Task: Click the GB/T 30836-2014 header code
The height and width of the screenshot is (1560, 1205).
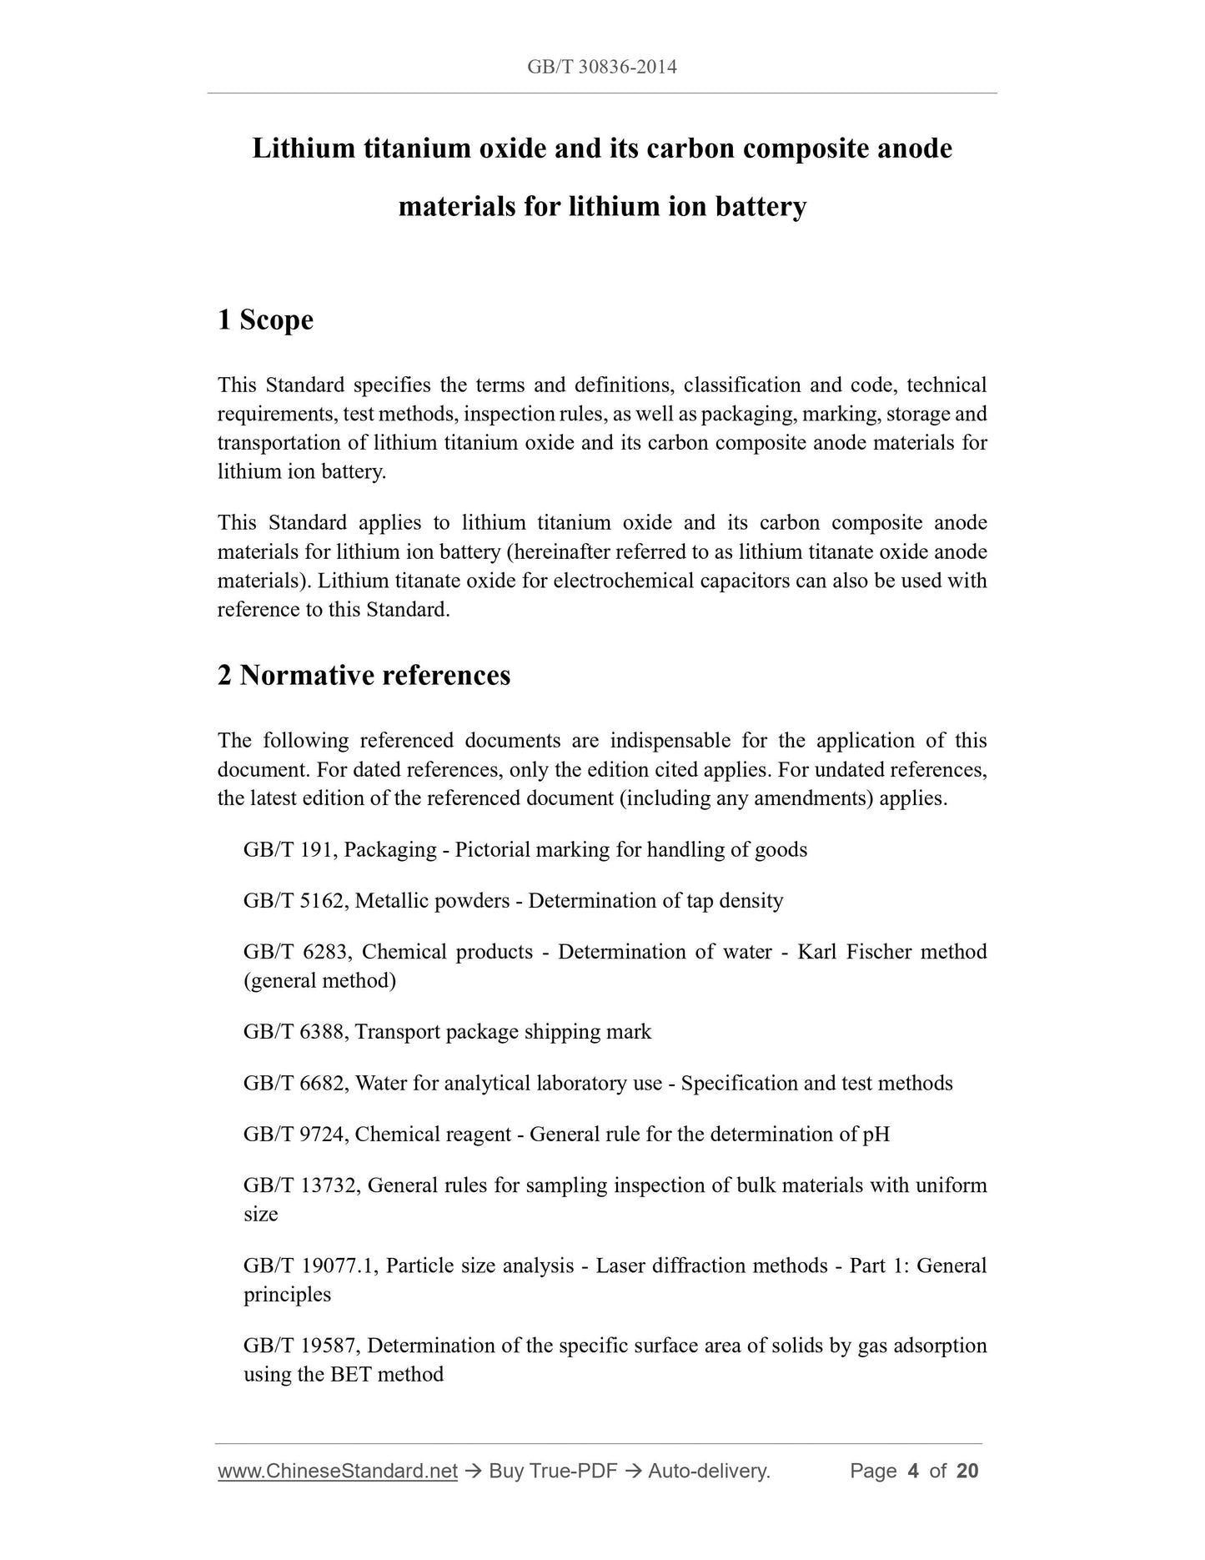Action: click(x=601, y=67)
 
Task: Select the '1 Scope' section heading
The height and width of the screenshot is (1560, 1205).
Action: click(x=265, y=320)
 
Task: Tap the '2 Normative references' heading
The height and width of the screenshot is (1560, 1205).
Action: click(x=364, y=675)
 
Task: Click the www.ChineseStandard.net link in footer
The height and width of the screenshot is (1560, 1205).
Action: click(x=337, y=1471)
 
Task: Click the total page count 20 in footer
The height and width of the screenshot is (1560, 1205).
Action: click(x=967, y=1471)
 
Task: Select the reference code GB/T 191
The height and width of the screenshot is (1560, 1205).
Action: click(x=289, y=850)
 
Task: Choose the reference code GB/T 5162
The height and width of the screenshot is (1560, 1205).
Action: click(x=295, y=901)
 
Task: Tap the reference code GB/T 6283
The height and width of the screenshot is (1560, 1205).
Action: click(x=295, y=952)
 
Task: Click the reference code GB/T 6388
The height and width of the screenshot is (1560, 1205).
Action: click(x=295, y=1032)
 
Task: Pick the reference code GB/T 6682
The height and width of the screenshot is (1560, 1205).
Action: click(x=295, y=1083)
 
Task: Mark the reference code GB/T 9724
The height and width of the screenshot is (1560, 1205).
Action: click(x=295, y=1135)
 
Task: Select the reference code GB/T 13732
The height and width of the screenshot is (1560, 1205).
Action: click(x=301, y=1185)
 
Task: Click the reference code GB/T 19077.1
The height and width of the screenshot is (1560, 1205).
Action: click(x=310, y=1266)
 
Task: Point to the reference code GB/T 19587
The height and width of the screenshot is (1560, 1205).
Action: click(x=301, y=1346)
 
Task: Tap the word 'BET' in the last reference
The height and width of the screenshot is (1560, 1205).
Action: click(x=350, y=1374)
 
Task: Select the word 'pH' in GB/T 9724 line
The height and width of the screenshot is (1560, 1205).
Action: click(x=876, y=1135)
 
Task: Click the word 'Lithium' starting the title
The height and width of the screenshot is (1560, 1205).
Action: click(x=303, y=148)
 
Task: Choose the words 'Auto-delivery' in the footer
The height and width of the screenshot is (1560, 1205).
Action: click(x=709, y=1471)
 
